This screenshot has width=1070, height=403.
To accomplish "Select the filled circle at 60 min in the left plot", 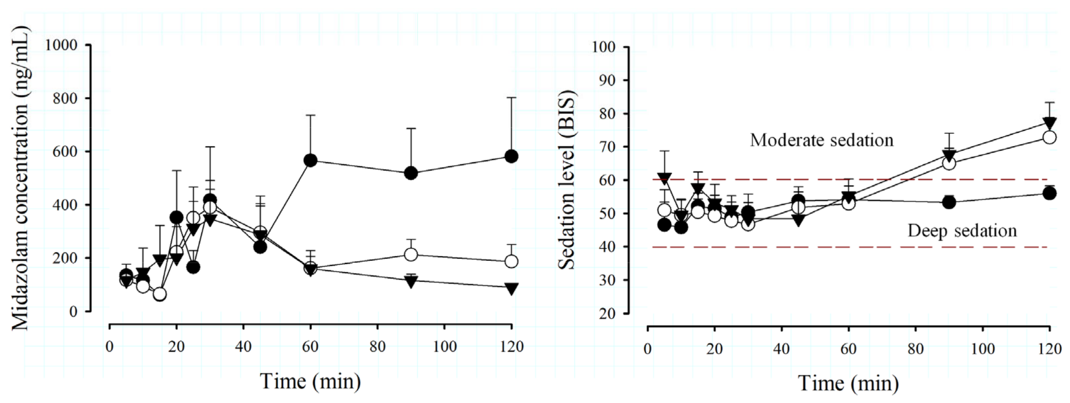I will point(310,160).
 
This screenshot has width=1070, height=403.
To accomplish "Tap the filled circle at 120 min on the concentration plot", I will point(511,156).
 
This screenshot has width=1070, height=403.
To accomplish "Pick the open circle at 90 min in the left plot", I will point(411,254).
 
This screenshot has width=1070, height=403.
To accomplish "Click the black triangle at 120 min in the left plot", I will point(511,289).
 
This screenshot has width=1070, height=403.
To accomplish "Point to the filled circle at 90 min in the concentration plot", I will point(411,173).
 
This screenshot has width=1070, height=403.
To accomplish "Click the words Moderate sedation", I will point(822,140).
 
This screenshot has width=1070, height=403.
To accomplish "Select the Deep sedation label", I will point(962,231).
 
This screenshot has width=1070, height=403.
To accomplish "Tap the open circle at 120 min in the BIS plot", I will point(1049,137).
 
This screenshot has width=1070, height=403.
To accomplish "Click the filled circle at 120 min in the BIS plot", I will point(1049,194).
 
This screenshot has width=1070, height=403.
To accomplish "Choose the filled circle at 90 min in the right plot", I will point(949,202).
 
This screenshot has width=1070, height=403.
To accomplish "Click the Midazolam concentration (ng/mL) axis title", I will point(21,179).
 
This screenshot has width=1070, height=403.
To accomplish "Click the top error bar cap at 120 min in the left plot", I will point(511,97).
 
